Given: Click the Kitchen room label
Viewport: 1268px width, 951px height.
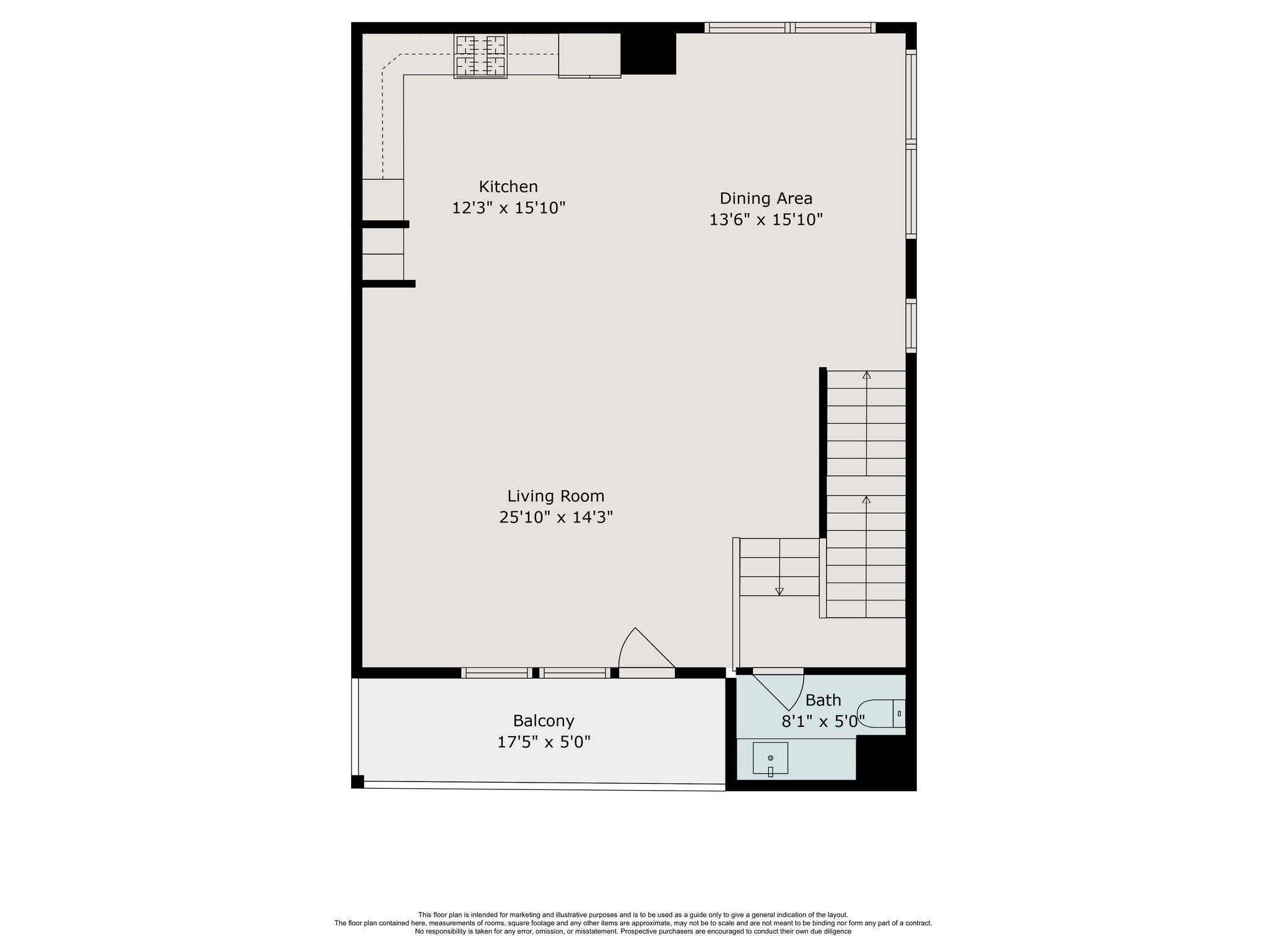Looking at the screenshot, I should coord(508,186).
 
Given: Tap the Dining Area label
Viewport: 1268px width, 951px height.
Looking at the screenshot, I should coord(765,198).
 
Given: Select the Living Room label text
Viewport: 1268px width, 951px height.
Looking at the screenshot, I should coord(555,496).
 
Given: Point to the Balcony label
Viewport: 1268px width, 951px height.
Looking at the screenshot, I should coord(543,721).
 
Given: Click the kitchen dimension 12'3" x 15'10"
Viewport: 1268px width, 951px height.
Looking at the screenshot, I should coord(508,207).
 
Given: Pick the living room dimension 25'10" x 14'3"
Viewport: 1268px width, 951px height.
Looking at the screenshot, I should coord(555,517).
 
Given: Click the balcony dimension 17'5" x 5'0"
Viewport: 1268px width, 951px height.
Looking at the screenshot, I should coord(543,742).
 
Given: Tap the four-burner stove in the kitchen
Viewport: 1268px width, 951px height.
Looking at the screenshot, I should coord(480,56).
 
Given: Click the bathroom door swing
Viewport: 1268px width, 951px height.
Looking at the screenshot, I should coord(780,688).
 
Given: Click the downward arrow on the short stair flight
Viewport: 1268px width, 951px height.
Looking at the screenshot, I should coord(779,591).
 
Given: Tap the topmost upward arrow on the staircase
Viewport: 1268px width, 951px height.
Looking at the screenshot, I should coord(866,375).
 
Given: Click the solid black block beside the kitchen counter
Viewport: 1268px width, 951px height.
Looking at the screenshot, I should coord(648,54).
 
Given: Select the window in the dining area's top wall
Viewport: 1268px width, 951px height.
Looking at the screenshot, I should coord(789,27).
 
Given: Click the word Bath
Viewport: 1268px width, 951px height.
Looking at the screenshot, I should coord(823,700).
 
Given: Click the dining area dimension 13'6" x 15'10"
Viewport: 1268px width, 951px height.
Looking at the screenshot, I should coord(765,219).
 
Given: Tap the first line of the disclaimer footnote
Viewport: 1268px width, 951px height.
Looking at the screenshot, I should coord(633,914).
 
